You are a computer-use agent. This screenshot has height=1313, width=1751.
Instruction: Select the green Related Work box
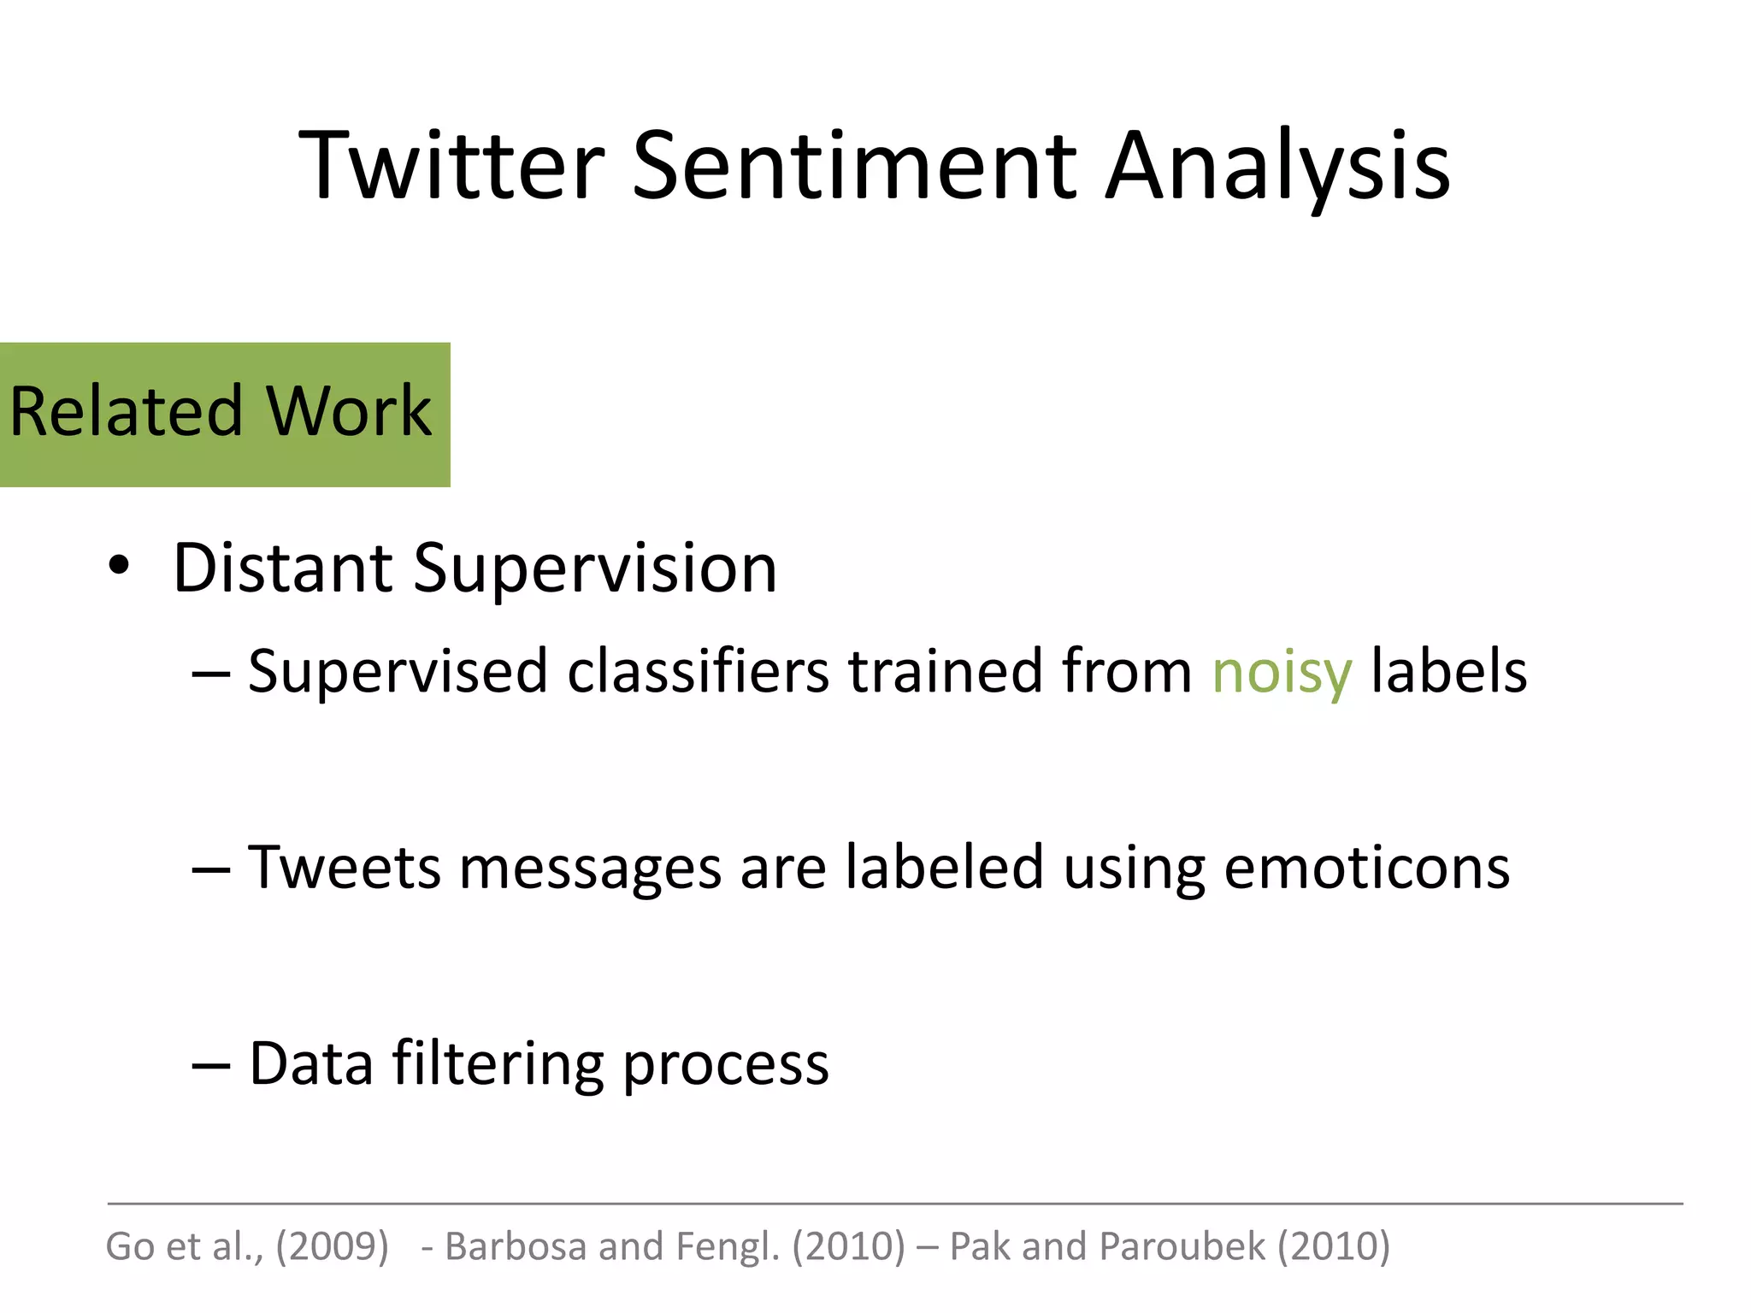224,415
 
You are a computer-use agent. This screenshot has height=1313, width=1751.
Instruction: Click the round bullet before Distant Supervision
119,566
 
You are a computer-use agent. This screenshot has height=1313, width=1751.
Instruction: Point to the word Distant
282,568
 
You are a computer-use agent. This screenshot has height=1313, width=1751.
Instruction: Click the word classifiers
698,672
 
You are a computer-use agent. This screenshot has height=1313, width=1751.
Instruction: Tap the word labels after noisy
1448,672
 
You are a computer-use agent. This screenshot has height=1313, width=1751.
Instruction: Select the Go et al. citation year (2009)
332,1246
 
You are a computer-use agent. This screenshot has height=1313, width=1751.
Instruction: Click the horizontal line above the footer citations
894,1204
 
